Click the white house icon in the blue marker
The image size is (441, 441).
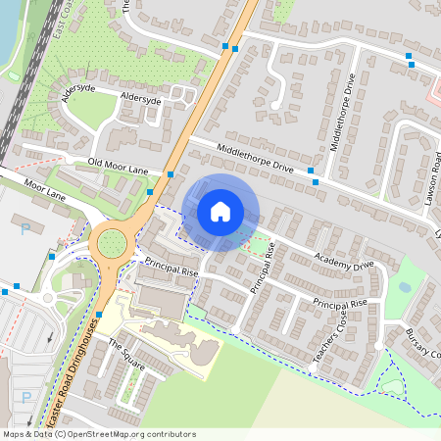point(220,211)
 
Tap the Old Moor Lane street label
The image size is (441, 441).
point(118,166)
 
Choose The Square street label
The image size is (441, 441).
point(126,356)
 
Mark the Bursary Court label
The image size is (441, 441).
point(423,344)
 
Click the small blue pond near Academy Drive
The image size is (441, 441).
point(405,288)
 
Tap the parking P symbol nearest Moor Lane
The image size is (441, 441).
point(25,229)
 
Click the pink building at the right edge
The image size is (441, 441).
point(434,93)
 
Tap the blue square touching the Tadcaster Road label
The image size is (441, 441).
point(99,315)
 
